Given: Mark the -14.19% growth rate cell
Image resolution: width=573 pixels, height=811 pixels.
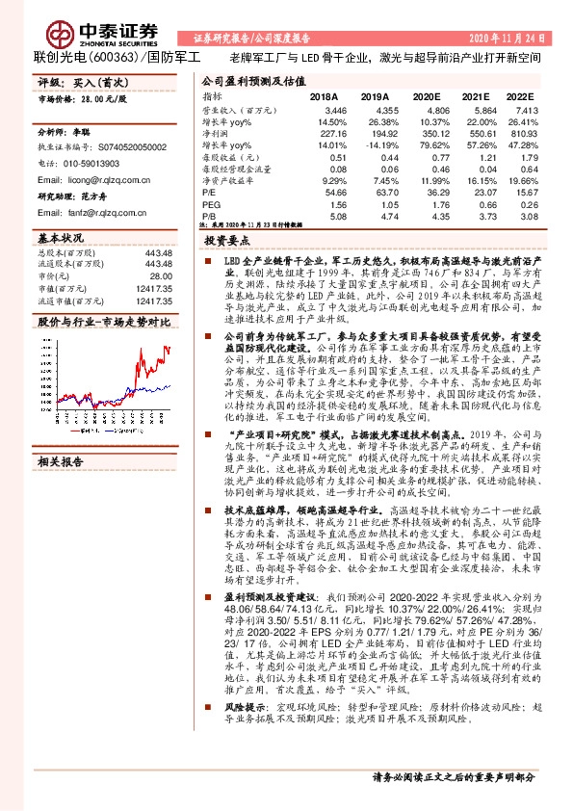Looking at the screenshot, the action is click(376, 146).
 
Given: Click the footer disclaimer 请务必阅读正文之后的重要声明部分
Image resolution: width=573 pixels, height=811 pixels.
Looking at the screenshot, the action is click(453, 776).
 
